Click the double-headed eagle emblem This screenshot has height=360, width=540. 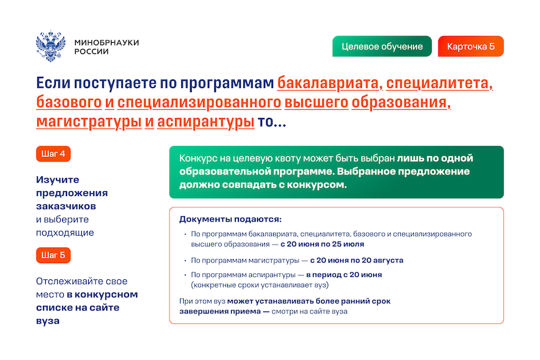[51, 46]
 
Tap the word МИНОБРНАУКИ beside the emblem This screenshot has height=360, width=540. [107, 42]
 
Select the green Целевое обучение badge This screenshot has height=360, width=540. [382, 46]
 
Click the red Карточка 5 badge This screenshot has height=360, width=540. [470, 46]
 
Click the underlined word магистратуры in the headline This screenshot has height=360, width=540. [89, 122]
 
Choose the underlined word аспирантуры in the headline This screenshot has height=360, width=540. [205, 122]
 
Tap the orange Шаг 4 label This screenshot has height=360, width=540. [53, 154]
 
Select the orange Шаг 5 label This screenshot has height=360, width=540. [53, 255]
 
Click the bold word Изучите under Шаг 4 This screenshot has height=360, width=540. [58, 180]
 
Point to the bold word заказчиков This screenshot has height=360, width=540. [66, 206]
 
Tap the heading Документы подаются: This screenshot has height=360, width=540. [230, 219]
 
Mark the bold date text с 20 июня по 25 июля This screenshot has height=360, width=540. [322, 245]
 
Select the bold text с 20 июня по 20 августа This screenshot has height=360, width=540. [357, 260]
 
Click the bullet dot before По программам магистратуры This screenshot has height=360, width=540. [186, 261]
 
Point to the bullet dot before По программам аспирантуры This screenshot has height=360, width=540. [186, 275]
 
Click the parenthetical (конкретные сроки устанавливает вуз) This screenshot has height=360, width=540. [260, 285]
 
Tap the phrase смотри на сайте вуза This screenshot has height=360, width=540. [309, 312]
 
